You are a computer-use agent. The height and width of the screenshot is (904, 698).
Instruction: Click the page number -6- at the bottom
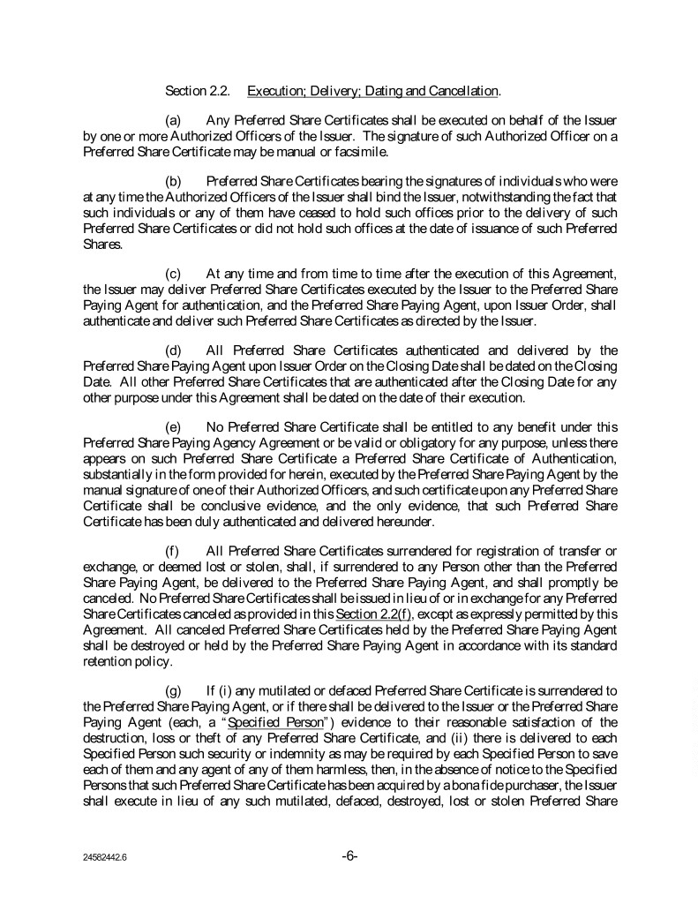pos(349,855)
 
